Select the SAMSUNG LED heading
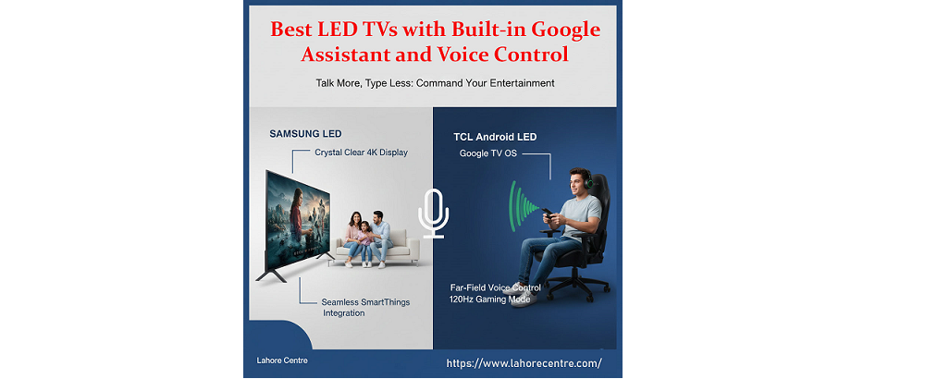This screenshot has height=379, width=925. click(x=305, y=133)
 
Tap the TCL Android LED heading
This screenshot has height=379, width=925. click(x=495, y=137)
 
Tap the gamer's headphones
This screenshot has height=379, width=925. click(x=583, y=180)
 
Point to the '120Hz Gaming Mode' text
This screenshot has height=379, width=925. click(x=490, y=300)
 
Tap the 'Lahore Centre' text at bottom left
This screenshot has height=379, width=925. click(x=282, y=360)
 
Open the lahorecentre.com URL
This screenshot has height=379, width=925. click(x=524, y=363)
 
